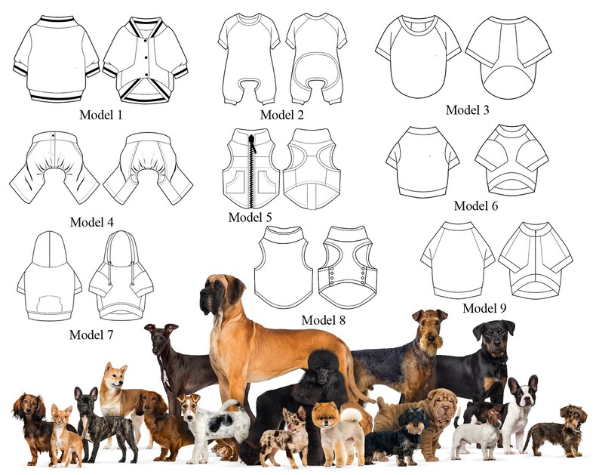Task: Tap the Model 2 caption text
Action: pos(282,115)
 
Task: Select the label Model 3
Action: pos(467,109)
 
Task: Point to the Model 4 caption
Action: pos(97,222)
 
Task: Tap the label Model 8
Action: pos(323,319)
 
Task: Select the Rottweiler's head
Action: pos(493,336)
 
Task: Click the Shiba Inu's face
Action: pos(115,375)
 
